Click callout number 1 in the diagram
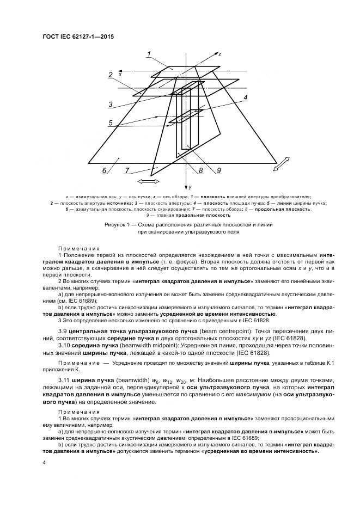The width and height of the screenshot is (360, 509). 149,53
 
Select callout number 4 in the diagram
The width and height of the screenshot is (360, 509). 246,97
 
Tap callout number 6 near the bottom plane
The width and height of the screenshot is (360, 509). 104,171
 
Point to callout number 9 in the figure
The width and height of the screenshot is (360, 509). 218,171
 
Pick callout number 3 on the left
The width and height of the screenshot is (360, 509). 110,104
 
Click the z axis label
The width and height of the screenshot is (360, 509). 219,54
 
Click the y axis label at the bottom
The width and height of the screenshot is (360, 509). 191,187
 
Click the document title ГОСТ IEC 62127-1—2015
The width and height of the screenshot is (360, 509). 78,36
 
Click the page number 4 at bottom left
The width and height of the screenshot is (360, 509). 44,462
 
